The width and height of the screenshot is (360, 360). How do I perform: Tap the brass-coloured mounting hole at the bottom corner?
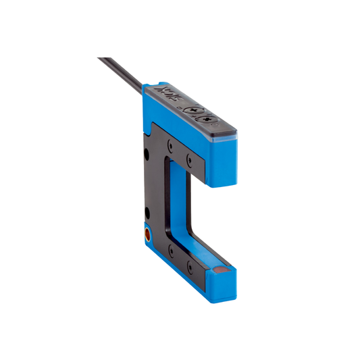pos(147,236)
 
